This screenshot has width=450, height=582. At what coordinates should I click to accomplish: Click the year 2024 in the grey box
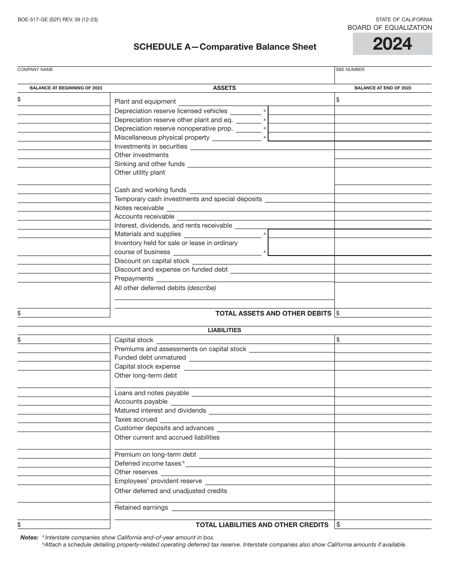point(392,44)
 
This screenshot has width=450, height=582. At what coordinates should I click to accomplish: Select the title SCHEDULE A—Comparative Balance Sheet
point(225,46)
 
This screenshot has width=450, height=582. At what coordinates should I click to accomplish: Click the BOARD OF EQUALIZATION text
point(389,27)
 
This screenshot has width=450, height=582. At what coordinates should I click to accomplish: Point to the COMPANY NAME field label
point(35,70)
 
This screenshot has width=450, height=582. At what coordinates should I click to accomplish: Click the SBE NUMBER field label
point(350,70)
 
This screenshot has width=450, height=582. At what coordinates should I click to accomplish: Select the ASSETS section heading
point(224,88)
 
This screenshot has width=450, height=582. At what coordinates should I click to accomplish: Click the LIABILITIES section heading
point(224,330)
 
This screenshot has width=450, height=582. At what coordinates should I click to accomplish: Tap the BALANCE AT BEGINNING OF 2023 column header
point(66,88)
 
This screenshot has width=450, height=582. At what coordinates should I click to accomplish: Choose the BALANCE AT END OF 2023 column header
point(383,88)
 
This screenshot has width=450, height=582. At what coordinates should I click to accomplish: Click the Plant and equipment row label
point(145,101)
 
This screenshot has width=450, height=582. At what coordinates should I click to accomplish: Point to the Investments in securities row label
point(151,146)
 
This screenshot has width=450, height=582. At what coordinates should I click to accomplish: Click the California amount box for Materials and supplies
point(301,234)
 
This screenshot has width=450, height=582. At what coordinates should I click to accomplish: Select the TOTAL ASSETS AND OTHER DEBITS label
point(273,313)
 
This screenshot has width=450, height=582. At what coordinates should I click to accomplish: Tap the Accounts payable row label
point(141,401)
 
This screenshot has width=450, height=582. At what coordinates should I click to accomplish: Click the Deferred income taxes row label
point(148,463)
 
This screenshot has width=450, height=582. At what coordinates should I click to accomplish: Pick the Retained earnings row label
point(141,507)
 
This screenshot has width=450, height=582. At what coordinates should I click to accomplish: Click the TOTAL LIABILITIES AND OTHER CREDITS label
point(262,524)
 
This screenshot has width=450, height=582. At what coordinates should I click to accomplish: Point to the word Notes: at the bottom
point(29,538)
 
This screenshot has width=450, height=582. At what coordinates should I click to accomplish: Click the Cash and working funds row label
point(150,190)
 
